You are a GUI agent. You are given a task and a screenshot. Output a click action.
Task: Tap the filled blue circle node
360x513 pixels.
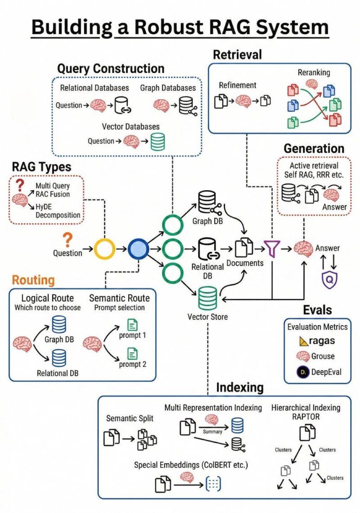click(x=139, y=248)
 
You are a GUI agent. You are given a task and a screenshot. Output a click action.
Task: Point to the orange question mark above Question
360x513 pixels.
click(x=67, y=239)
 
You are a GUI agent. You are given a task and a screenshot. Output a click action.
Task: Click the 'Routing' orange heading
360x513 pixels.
click(x=33, y=280)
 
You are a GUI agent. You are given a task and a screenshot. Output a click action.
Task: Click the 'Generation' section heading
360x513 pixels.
click(x=314, y=148)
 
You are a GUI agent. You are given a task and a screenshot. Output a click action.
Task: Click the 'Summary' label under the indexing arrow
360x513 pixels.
click(x=212, y=431)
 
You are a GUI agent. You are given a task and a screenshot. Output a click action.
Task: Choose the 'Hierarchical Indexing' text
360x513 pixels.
click(x=306, y=407)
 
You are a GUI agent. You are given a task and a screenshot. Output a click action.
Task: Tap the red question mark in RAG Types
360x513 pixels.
click(x=19, y=185)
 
